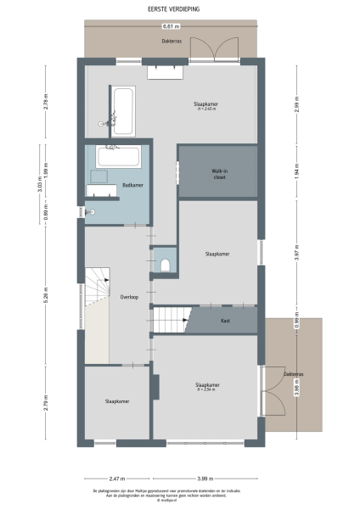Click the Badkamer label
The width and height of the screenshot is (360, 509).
[x=132, y=185]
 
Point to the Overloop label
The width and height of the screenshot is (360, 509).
[x=129, y=297]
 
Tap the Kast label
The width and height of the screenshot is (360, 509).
[x=225, y=321]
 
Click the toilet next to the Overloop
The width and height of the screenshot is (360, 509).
[x=164, y=266]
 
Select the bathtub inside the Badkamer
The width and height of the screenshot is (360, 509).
[x=119, y=157]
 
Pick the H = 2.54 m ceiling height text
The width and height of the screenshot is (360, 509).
[x=206, y=389]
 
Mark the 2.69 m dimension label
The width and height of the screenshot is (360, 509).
[x=297, y=103]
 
